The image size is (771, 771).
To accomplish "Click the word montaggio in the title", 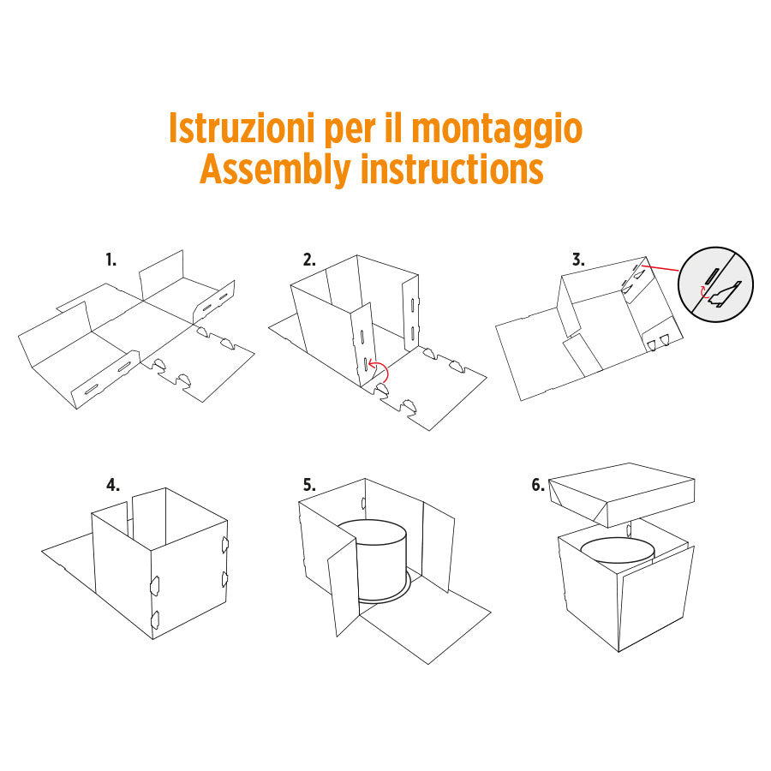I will (x=497, y=128).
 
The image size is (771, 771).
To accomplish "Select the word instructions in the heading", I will (x=451, y=169).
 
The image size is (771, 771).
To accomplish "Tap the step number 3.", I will (x=577, y=260).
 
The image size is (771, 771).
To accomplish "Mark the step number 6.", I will (x=538, y=485).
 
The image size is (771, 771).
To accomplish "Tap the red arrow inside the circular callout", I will (x=703, y=294).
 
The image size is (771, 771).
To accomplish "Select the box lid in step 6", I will (x=621, y=493).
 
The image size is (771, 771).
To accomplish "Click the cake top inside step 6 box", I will (x=617, y=548).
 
